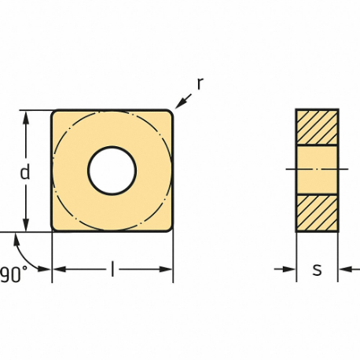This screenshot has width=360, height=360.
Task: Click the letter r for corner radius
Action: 200,83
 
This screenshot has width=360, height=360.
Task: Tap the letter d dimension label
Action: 25,172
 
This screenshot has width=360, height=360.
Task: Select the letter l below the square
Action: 112,270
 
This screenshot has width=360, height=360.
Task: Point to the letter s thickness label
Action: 317,270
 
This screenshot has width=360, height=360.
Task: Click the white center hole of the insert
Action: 112,171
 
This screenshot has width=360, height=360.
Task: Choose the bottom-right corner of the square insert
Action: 169,229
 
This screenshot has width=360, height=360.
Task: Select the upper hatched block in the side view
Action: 317,127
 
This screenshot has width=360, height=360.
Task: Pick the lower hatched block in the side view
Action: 317,212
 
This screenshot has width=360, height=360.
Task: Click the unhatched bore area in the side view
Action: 317,169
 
